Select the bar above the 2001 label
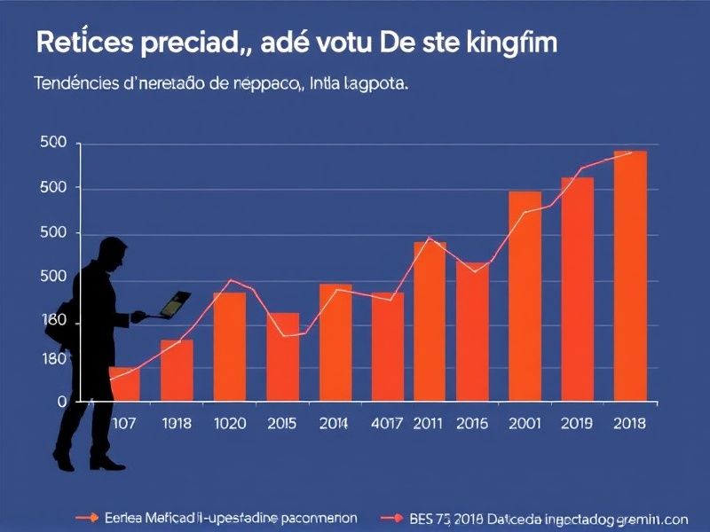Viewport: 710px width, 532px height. [525, 296]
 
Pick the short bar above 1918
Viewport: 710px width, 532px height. [177, 370]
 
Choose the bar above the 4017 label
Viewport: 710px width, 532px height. [387, 347]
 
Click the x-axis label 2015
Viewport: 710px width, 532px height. [283, 424]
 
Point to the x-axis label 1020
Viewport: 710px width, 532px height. [231, 424]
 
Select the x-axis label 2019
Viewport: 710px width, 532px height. [577, 424]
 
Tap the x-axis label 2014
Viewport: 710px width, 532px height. [335, 424]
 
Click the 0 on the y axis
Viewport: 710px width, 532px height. [62, 402]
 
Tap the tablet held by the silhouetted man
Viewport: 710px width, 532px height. [175, 302]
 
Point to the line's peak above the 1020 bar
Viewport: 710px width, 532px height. [232, 280]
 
